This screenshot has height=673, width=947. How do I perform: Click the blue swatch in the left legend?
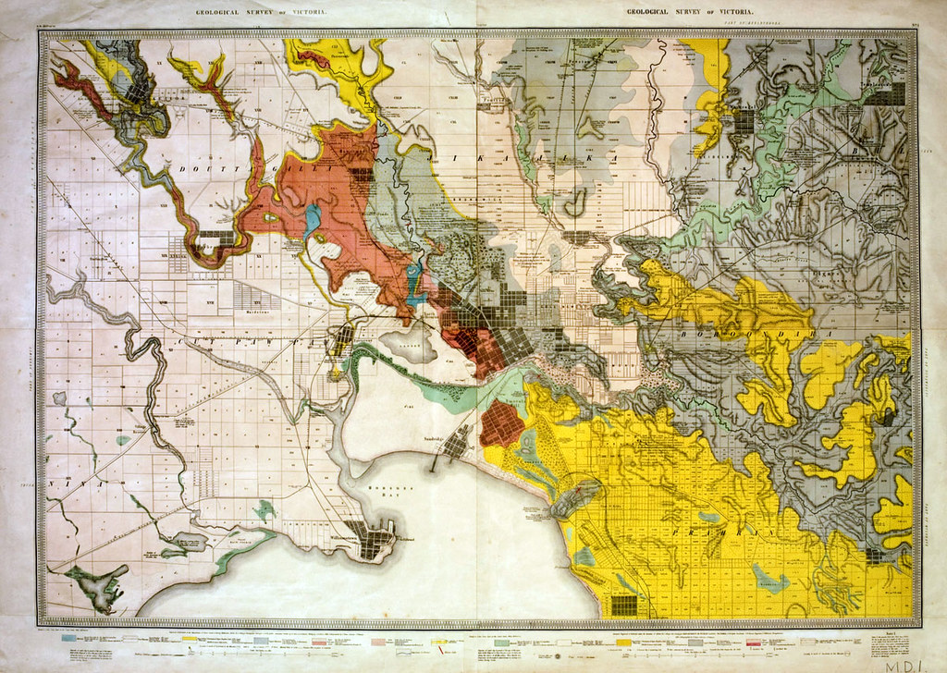70,638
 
